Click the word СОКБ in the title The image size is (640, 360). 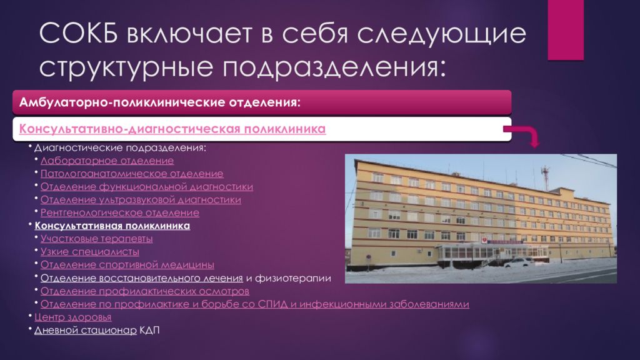[79, 33]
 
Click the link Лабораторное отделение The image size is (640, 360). [107, 161]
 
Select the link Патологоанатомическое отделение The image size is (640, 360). [132, 174]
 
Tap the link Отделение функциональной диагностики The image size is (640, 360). [146, 187]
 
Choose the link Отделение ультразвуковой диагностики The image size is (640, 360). [141, 200]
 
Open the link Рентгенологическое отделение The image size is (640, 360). [119, 212]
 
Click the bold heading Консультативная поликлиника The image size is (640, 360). [112, 226]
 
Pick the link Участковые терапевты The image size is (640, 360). [96, 239]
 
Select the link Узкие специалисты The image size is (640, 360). [90, 252]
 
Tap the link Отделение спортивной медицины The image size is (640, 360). [127, 265]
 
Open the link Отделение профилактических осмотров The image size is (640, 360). [145, 291]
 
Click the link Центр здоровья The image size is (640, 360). [72, 317]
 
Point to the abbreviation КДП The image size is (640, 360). [149, 330]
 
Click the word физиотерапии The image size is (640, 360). [292, 278]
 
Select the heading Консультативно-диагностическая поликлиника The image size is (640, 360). [172, 129]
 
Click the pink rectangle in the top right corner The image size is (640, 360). [565, 30]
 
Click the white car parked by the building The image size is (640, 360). [519, 262]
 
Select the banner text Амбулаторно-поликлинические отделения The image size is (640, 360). [159, 102]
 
